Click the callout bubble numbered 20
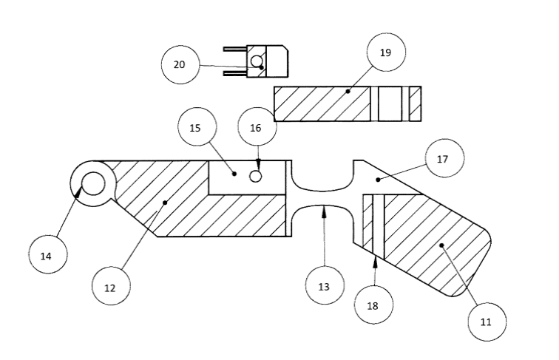click(180, 64)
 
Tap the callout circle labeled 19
click(386, 52)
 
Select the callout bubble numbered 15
click(197, 126)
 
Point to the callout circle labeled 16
click(257, 126)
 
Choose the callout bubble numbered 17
click(444, 158)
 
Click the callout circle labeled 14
click(48, 254)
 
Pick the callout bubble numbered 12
click(111, 286)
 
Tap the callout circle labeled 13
click(325, 285)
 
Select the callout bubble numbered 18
click(373, 305)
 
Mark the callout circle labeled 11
click(487, 322)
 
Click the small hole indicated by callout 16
click(255, 176)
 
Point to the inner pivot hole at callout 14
click(93, 183)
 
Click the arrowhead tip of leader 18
click(375, 257)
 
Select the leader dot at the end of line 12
click(165, 203)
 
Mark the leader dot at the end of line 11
click(441, 245)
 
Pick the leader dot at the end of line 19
click(348, 92)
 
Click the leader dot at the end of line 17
click(378, 180)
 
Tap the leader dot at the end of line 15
click(234, 174)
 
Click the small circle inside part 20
click(257, 61)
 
